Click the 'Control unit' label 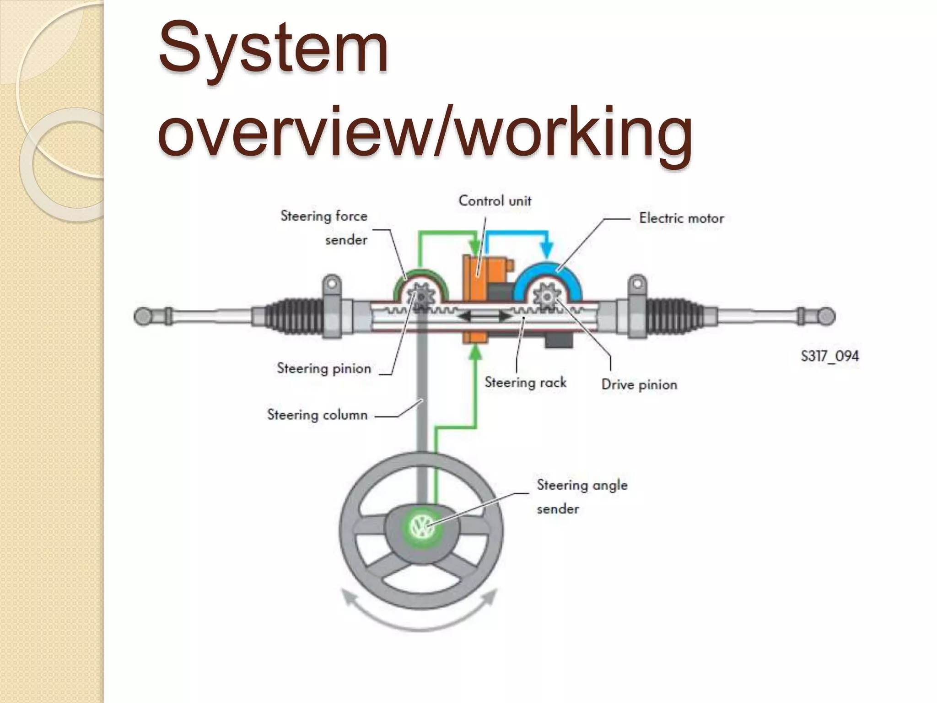(x=495, y=201)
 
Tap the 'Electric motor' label (x=681, y=218)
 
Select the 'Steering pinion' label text (x=324, y=368)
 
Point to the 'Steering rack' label (x=525, y=382)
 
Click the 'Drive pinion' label (x=639, y=384)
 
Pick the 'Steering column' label (x=317, y=415)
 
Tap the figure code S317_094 (x=829, y=356)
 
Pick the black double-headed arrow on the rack (x=485, y=316)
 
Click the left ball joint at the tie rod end (x=142, y=316)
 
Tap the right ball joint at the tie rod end (x=827, y=316)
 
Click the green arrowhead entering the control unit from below (x=476, y=353)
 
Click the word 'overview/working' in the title (x=425, y=133)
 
